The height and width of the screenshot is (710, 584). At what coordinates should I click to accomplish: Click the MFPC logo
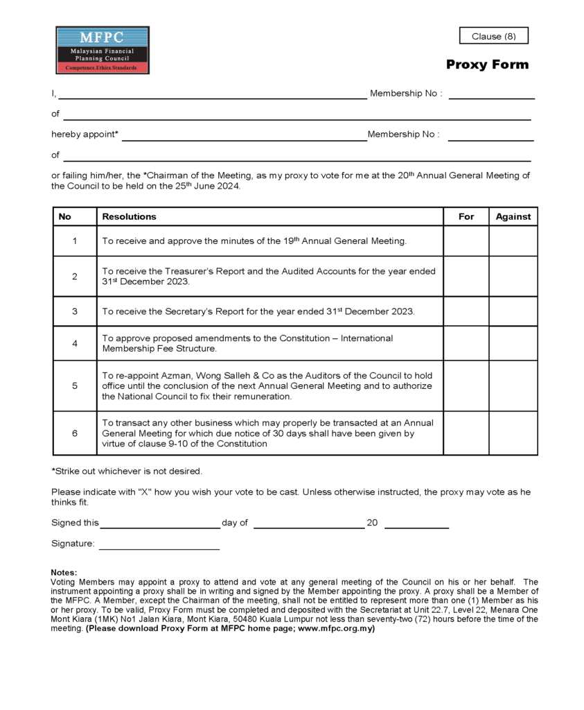point(103,50)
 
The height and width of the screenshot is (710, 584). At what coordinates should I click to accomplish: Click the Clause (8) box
point(493,36)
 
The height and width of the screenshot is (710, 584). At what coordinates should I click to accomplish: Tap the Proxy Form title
point(487,64)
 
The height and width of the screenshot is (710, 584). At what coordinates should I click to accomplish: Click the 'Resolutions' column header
point(130,216)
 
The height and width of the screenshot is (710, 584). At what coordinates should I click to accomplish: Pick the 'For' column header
point(466,216)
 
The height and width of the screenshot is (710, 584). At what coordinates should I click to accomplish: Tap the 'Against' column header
point(513,216)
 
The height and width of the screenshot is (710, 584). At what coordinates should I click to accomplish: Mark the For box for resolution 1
point(466,241)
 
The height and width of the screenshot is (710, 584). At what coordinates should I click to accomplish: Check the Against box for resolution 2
point(513,276)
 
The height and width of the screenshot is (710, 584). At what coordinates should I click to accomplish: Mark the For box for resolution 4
point(466,343)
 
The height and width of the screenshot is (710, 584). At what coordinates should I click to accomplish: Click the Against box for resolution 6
point(513,433)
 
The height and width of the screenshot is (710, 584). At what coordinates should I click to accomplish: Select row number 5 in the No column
point(75,386)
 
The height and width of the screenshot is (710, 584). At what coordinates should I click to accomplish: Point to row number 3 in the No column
point(75,311)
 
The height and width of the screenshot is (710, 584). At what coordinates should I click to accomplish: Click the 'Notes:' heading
point(64,572)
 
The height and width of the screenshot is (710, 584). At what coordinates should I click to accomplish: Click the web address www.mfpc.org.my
point(335,629)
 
